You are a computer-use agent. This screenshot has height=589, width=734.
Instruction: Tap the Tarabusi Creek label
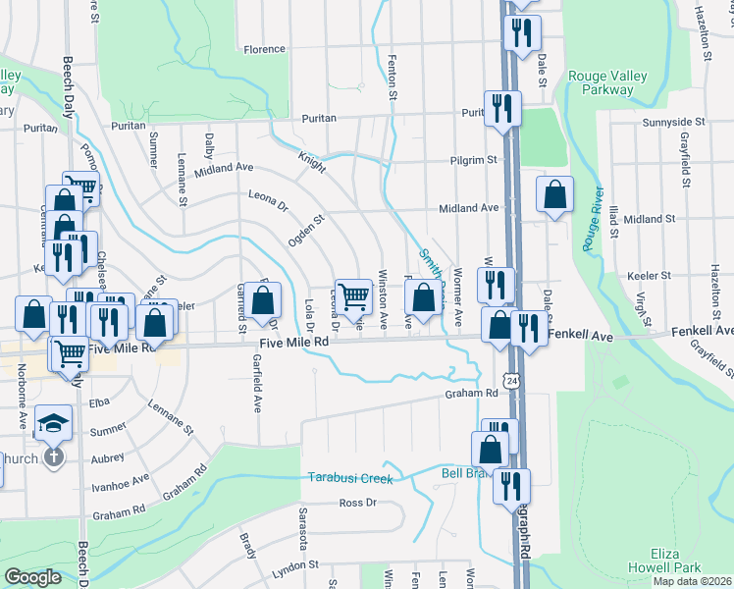(x=350, y=478)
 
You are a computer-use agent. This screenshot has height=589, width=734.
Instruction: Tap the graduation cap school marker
(x=54, y=423)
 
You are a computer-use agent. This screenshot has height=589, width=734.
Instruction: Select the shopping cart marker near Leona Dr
(x=356, y=294)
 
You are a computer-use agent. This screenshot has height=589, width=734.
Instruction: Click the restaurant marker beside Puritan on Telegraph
(x=503, y=108)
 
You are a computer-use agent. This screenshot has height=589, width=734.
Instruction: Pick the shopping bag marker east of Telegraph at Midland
(x=555, y=195)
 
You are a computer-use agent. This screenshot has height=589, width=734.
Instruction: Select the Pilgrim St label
(x=473, y=159)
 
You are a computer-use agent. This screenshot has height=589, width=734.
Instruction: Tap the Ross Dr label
(x=357, y=503)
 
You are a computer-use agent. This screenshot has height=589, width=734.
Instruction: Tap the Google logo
(x=32, y=578)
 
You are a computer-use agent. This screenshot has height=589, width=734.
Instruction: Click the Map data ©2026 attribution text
(x=691, y=581)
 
